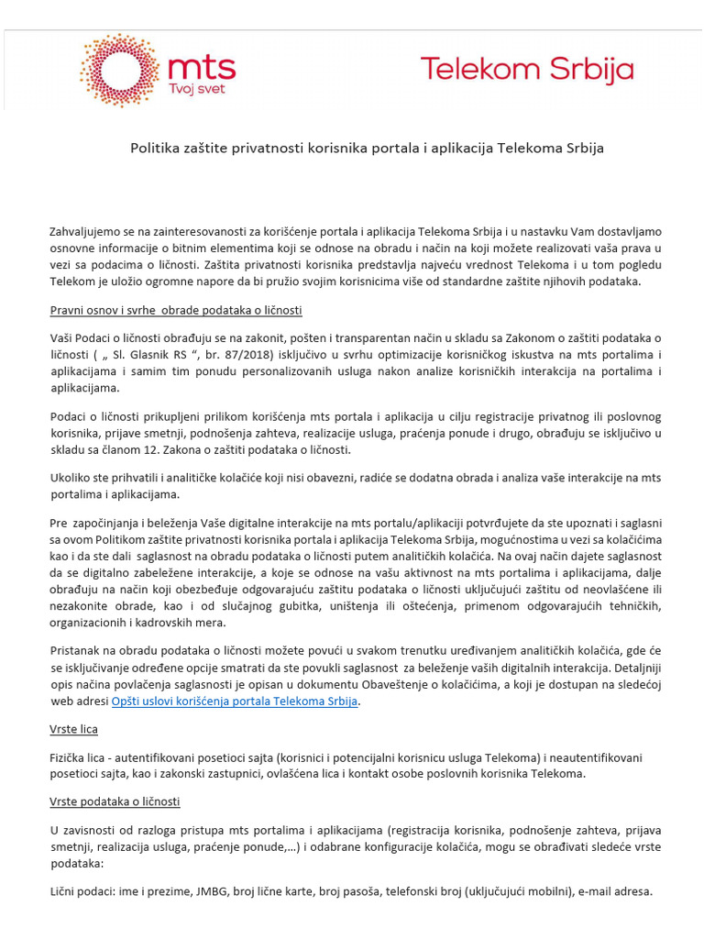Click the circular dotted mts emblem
click(x=118, y=70)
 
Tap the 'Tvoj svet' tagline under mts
click(x=195, y=88)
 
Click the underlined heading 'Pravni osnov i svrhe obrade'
click(x=175, y=310)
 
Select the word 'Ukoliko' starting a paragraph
click(x=71, y=478)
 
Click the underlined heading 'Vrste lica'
click(x=73, y=729)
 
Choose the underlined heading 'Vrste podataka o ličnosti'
click(x=115, y=801)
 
